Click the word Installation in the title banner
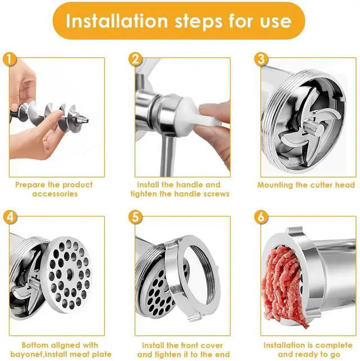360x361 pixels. click(x=117, y=21)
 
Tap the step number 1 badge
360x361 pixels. click(x=10, y=59)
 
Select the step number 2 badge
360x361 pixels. click(x=136, y=59)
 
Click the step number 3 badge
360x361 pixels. click(x=261, y=59)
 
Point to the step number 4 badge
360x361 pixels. click(x=10, y=218)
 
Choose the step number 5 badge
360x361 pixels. click(x=136, y=218)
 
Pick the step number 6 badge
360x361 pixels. click(x=261, y=218)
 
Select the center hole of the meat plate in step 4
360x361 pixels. click(x=69, y=273)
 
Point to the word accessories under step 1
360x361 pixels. click(x=55, y=193)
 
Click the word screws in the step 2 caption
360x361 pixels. click(x=216, y=193)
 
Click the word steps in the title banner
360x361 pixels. click(x=199, y=21)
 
